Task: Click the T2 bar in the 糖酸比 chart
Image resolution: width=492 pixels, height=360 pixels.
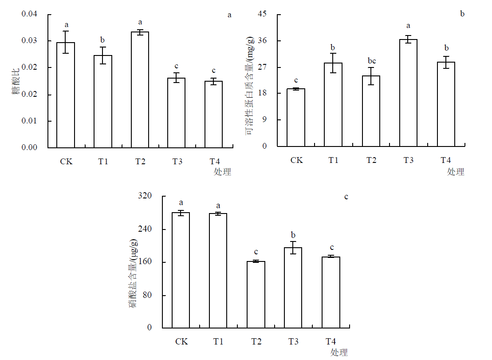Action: [x=140, y=90]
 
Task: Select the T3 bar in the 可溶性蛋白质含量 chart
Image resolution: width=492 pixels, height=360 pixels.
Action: [x=409, y=93]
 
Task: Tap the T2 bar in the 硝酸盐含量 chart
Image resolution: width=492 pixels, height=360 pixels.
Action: [x=256, y=294]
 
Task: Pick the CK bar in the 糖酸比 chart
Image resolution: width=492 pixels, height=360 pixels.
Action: [x=66, y=95]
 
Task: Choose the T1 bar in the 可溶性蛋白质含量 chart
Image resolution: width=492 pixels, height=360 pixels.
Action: [x=333, y=104]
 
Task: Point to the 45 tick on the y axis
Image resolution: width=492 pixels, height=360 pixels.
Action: [x=262, y=14]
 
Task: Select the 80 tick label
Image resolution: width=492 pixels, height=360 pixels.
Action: [x=148, y=296]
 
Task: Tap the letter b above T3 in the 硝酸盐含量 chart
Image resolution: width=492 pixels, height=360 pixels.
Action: [x=293, y=235]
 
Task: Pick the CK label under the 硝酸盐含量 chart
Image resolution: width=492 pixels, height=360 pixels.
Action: [x=181, y=341]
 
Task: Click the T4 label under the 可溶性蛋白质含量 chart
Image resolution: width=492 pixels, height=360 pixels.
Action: [x=446, y=160]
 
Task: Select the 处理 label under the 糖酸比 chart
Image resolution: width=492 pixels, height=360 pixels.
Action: [x=222, y=172]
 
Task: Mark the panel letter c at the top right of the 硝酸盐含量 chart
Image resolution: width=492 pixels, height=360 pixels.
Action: [x=346, y=196]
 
